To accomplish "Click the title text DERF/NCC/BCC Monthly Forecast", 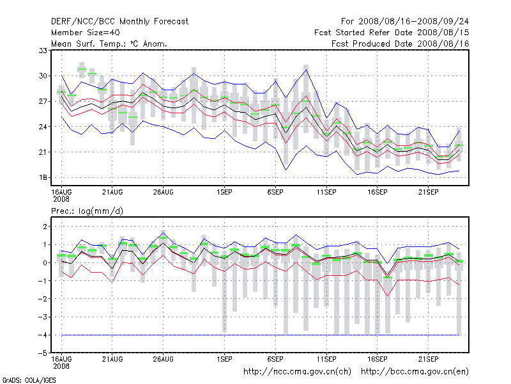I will (119, 21).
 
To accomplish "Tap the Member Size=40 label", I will (85, 32).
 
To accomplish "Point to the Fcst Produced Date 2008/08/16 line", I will (400, 44).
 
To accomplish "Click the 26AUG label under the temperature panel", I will (164, 191).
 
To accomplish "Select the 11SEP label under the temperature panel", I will (326, 191).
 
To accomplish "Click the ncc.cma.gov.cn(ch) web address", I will (298, 371).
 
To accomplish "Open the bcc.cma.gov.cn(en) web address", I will (416, 371).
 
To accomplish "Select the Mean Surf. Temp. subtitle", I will (109, 44).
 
